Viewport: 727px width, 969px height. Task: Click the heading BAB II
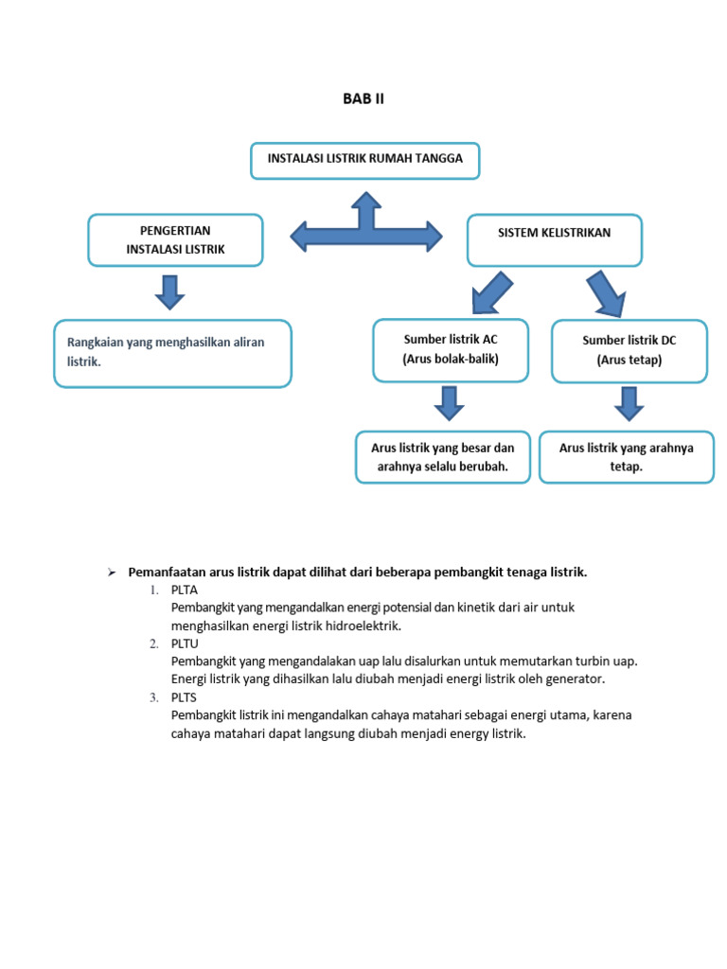pos(363,99)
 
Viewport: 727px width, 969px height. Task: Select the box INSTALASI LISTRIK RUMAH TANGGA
pos(364,160)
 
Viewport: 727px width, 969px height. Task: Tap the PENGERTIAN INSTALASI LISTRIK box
pos(175,239)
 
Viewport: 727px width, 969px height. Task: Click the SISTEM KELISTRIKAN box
pos(554,239)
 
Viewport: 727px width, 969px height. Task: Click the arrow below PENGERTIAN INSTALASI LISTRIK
pos(170,291)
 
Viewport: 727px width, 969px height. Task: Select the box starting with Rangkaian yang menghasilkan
pos(172,353)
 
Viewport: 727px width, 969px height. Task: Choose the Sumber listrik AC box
pos(451,350)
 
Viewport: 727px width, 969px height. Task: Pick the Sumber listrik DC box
pos(629,351)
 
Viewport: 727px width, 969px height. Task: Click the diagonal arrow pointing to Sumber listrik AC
pos(490,292)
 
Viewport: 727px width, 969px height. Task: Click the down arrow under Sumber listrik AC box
pos(449,402)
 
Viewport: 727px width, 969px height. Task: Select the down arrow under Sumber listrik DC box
pos(629,402)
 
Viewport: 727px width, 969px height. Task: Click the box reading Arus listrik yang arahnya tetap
pos(626,457)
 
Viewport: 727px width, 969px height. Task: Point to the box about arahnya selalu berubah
pos(443,457)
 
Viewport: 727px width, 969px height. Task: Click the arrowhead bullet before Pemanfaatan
pos(111,573)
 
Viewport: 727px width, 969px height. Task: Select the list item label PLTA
pos(185,590)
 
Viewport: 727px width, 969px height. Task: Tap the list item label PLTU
pos(185,643)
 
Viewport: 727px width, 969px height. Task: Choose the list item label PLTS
pos(185,697)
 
